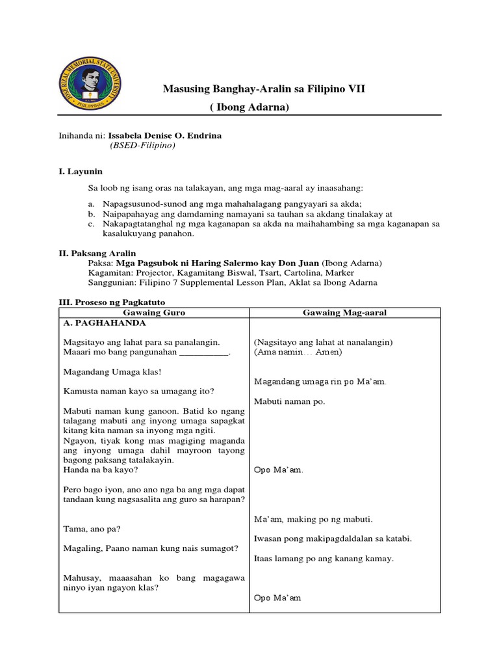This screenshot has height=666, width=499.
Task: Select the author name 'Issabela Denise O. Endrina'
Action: tap(164, 136)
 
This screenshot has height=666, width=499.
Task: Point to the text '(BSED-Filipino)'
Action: tap(142, 145)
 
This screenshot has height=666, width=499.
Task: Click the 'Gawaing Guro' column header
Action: tap(155, 313)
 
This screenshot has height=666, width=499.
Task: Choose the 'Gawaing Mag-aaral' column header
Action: tap(344, 313)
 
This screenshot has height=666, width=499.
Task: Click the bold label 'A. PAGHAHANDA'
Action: tap(105, 323)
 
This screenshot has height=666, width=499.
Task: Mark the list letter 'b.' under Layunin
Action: tap(93, 214)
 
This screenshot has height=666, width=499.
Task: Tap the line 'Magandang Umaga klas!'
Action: tap(112, 372)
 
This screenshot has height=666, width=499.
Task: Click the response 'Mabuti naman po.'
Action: tap(289, 401)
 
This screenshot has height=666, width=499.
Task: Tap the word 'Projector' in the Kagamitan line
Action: tap(157, 273)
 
